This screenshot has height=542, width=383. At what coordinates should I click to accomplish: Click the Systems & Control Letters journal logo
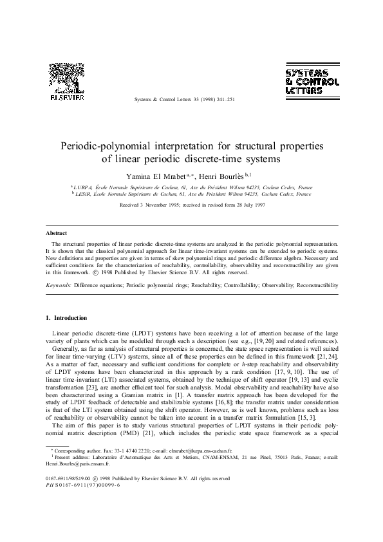pyautogui.click(x=312, y=82)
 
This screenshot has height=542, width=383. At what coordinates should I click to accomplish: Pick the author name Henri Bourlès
pyautogui.click(x=222, y=176)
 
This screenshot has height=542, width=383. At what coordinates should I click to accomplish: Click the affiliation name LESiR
pyautogui.click(x=83, y=193)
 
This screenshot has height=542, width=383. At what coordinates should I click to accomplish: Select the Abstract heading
pyautogui.click(x=57, y=232)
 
